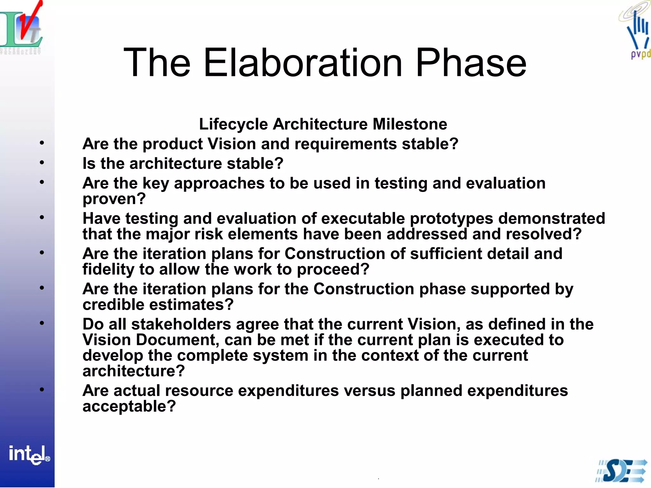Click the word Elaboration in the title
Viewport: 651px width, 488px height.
click(303, 63)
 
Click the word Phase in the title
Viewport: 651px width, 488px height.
click(471, 63)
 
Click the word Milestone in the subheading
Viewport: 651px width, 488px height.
click(410, 124)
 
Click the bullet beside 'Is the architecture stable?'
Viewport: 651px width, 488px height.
click(42, 163)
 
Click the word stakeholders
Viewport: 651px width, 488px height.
click(181, 324)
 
